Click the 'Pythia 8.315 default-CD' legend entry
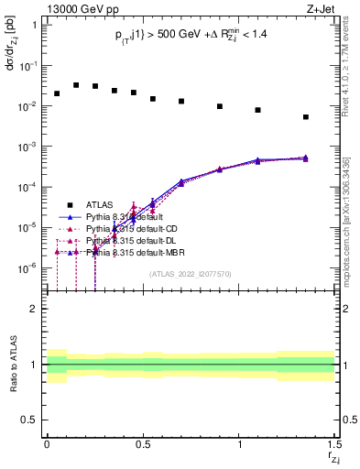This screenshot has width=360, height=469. pos(130,228)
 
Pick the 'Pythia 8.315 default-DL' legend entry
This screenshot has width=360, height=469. pos(129,240)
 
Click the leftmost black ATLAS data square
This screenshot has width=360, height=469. pos(57,93)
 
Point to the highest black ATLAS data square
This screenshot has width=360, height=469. pos(76,85)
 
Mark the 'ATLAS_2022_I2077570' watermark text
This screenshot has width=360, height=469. pos(191,273)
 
